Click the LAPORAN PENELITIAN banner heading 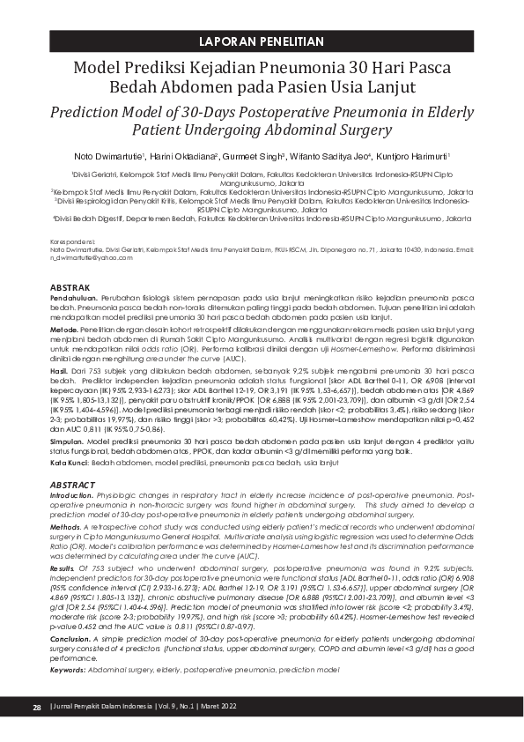[262, 42]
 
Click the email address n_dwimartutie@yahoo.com [85, 257]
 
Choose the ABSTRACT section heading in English [71, 486]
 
